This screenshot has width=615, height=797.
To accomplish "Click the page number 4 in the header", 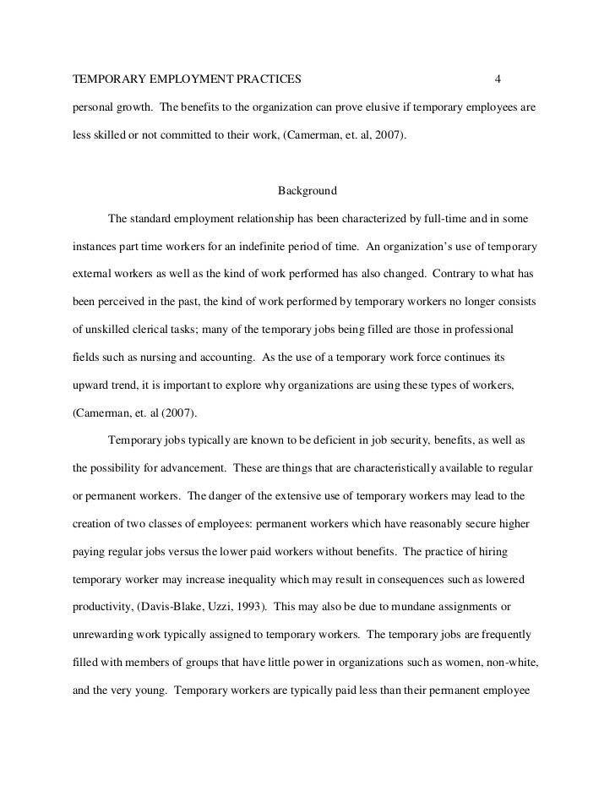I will tap(498, 80).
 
